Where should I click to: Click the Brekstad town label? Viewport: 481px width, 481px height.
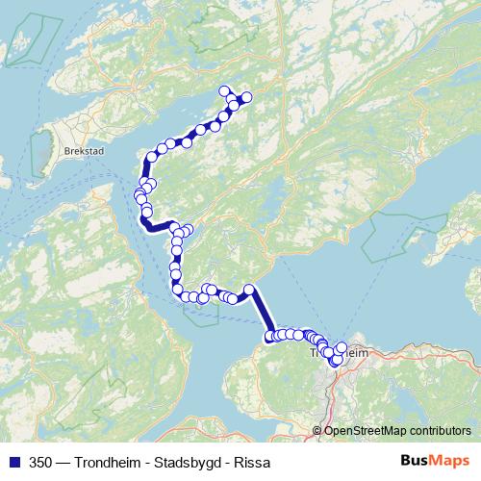[82, 150]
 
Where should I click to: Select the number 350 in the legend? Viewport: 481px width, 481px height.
[40, 461]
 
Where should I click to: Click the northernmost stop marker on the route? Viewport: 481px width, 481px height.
[226, 91]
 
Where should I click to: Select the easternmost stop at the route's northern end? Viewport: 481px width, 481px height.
[246, 96]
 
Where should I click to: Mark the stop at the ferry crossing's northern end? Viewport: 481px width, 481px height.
[248, 290]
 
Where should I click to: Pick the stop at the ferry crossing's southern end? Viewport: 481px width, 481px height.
[270, 335]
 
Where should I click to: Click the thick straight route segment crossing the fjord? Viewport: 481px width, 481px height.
[260, 313]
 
